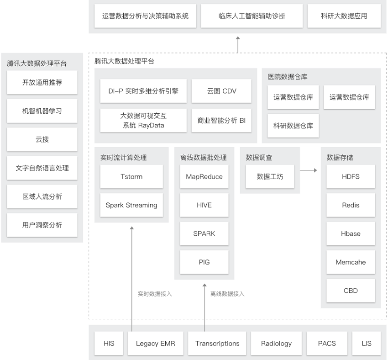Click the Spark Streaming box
[131, 205]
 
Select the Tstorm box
[131, 176]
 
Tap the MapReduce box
[204, 176]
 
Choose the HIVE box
[204, 205]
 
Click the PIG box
[204, 262]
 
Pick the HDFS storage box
[351, 176]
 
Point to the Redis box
[351, 205]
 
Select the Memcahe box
[351, 262]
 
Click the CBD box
[351, 291]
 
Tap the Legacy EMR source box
[155, 344]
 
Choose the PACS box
[327, 344]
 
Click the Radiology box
[276, 344]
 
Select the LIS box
[367, 344]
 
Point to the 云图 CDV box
[221, 91]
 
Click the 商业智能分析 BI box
[221, 121]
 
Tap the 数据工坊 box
[270, 176]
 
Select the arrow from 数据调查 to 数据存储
[308, 170]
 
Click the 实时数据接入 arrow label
[155, 294]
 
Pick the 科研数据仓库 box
[293, 126]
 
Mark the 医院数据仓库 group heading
[288, 77]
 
